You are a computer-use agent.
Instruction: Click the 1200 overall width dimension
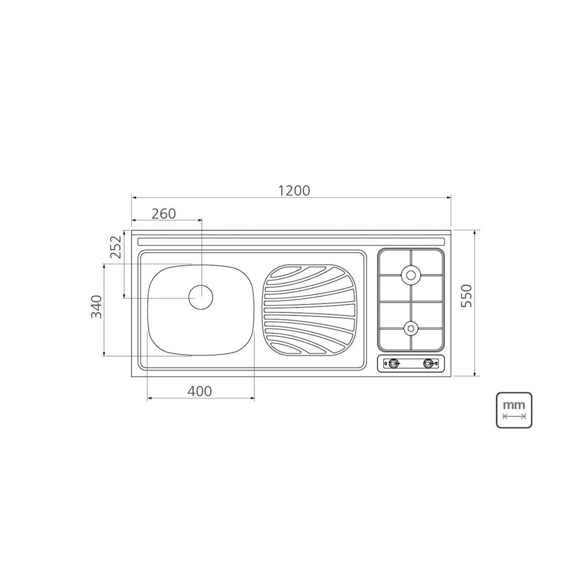294,190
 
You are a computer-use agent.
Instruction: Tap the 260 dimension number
164,214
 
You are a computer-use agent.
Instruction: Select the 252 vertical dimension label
116,246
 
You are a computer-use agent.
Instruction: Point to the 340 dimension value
96,307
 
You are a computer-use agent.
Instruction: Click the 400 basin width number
199,391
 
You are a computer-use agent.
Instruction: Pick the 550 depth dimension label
467,295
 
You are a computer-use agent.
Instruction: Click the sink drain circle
201,297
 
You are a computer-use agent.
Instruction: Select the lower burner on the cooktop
411,328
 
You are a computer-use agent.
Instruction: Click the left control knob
394,363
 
